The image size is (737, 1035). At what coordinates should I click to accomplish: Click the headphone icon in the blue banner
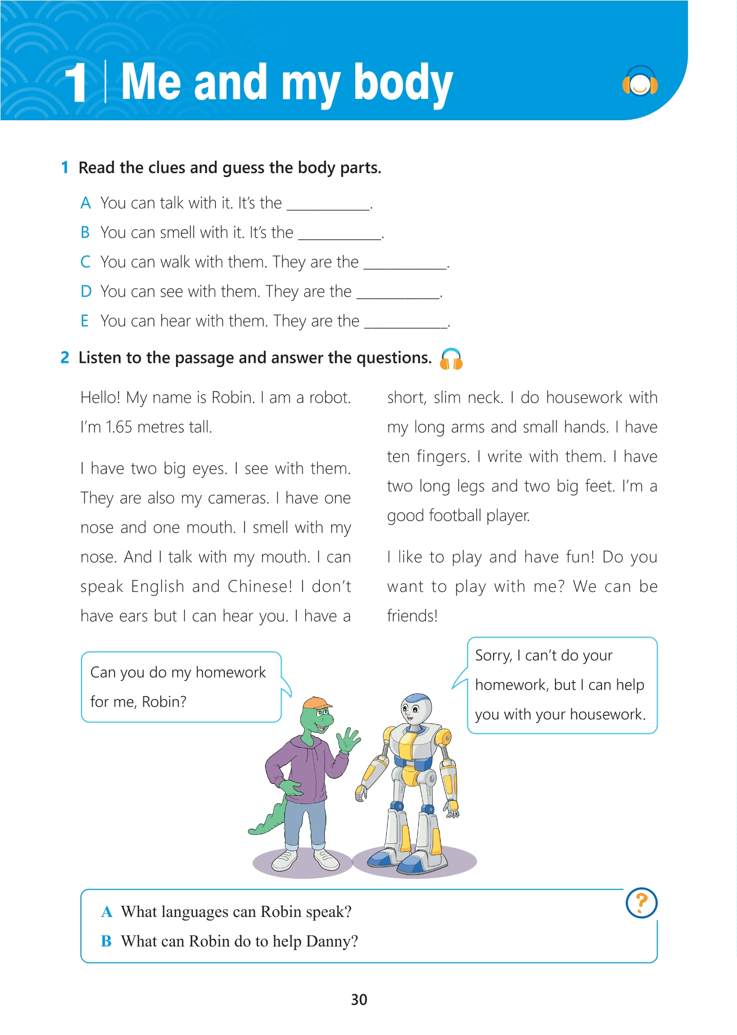640,82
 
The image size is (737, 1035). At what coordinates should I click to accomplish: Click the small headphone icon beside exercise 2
451,359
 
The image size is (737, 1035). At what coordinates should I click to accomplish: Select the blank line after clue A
329,208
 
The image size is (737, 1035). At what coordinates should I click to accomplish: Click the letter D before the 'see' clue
85,292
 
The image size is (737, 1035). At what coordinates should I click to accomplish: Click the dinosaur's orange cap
316,703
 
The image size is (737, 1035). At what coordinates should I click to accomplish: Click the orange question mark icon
641,903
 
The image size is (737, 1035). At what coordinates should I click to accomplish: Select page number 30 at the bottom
359,1000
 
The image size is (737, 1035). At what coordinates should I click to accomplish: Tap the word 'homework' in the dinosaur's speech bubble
230,673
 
